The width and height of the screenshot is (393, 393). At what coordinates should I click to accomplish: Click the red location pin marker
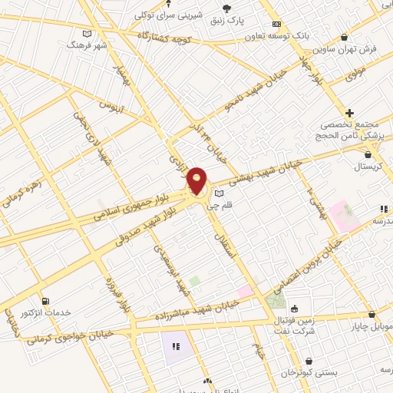click(197, 180)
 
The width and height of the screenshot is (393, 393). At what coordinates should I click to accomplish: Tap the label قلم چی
click(241, 205)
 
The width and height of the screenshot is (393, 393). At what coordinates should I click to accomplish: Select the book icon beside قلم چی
click(221, 194)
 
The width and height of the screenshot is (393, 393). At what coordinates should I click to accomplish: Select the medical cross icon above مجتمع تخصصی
click(349, 112)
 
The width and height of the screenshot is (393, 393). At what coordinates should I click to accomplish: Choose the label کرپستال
click(370, 167)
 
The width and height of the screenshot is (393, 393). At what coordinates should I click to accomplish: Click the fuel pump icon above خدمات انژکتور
click(45, 301)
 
